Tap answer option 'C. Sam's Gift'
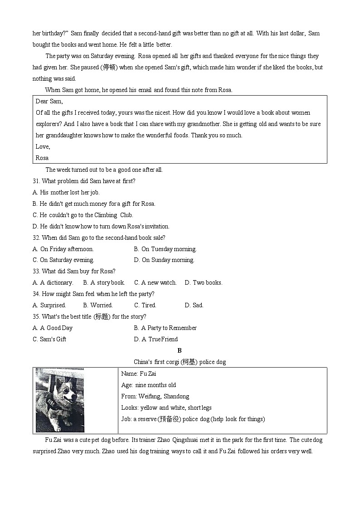point(49,339)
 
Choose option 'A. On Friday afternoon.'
point(63,249)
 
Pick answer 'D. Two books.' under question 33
point(204,282)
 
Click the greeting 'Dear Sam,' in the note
point(49,101)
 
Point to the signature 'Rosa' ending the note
point(42,158)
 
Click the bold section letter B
point(180,350)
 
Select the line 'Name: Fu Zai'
point(138,373)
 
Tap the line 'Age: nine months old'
point(148,385)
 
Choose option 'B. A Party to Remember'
point(165,328)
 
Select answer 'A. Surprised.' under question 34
point(49,305)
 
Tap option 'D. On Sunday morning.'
point(164,260)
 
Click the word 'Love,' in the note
point(43,146)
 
